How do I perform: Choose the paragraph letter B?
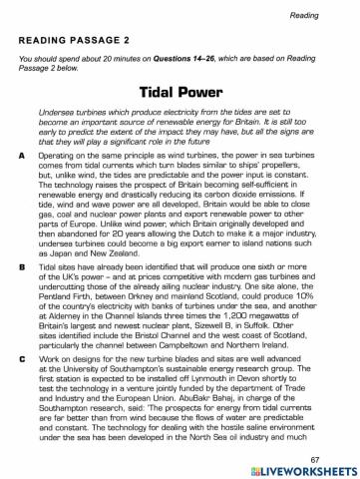[x=23, y=268]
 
